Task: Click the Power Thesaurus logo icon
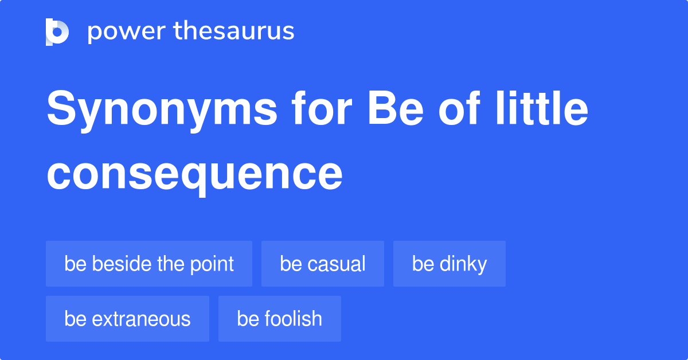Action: pyautogui.click(x=57, y=32)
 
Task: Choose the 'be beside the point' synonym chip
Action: pyautogui.click(x=149, y=264)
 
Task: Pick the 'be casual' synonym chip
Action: pyautogui.click(x=323, y=264)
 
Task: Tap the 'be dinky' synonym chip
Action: pyautogui.click(x=449, y=264)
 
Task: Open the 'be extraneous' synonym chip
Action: pyautogui.click(x=127, y=319)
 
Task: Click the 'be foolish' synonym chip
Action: pyautogui.click(x=280, y=319)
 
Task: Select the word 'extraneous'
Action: pyautogui.click(x=142, y=319)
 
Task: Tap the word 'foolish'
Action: pyautogui.click(x=294, y=319)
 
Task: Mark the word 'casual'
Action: pyautogui.click(x=337, y=264)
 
